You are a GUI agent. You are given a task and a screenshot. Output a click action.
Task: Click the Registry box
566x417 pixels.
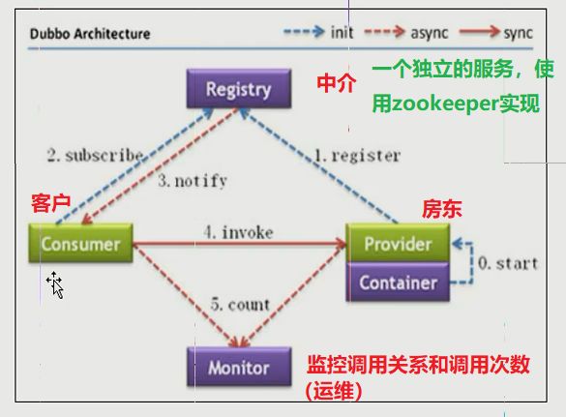tap(238, 90)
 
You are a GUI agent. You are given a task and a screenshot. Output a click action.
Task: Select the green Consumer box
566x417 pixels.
tap(80, 244)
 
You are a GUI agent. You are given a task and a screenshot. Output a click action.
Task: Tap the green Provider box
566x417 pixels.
tap(398, 244)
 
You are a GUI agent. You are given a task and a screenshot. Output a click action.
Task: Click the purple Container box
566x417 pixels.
tap(398, 283)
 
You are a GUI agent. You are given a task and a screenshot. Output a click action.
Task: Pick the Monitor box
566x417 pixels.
tap(238, 368)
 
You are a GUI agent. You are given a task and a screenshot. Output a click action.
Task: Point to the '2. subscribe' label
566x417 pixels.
tap(96, 155)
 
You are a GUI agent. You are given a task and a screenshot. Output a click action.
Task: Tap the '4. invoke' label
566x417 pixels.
tap(238, 232)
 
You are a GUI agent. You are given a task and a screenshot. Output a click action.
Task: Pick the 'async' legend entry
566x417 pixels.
tap(430, 33)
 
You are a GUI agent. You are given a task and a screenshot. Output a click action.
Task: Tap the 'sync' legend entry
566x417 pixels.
tap(517, 33)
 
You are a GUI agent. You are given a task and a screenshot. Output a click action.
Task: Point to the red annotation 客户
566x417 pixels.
tap(49, 203)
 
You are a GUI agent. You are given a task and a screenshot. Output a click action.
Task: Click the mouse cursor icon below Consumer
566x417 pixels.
tap(55, 283)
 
